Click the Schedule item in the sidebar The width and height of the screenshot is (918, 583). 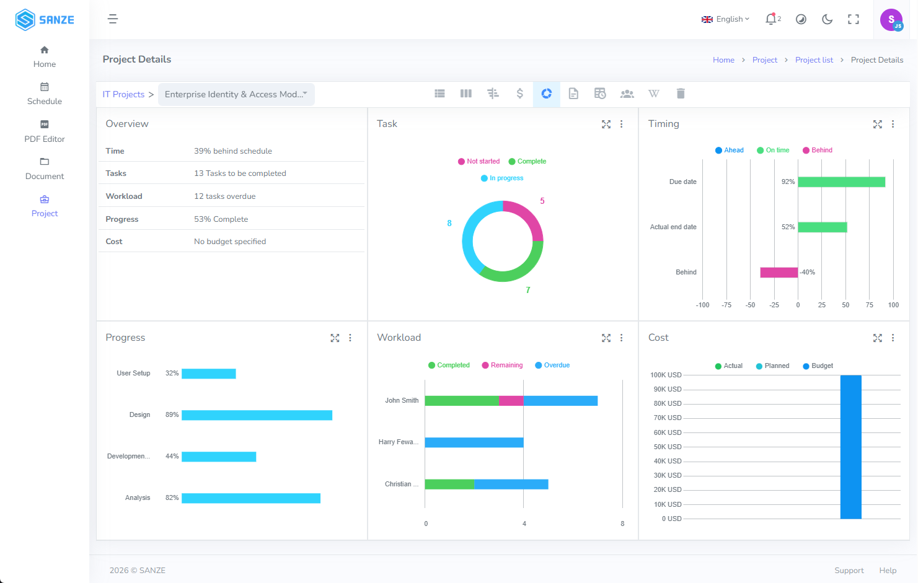(44, 94)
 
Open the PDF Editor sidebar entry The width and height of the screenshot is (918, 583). (44, 131)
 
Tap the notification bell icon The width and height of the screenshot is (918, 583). (770, 19)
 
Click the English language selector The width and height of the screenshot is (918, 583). (725, 19)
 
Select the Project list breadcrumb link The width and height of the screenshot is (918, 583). (814, 60)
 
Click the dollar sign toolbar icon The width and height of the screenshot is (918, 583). (519, 94)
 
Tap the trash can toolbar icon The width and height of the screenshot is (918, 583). (681, 94)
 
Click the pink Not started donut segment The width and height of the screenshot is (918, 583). (529, 215)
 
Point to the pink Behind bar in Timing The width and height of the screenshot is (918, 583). (779, 273)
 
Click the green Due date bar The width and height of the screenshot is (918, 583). (841, 182)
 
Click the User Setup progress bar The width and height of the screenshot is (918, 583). (209, 374)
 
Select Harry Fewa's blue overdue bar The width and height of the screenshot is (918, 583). (474, 442)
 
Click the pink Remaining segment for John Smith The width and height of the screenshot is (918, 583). (511, 401)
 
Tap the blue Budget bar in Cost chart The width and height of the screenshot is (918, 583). (851, 447)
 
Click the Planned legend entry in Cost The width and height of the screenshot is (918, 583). (772, 366)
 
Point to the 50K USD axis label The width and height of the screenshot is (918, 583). (667, 447)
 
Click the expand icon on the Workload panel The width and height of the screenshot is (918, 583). (606, 338)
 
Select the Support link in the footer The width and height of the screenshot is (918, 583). (849, 571)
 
